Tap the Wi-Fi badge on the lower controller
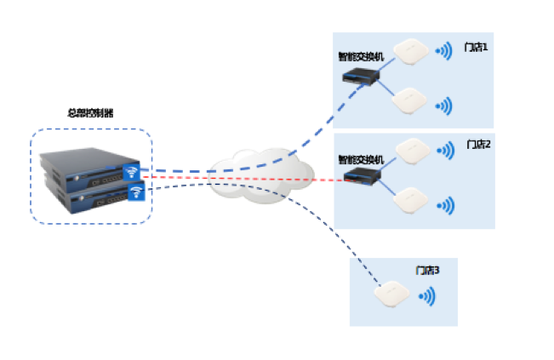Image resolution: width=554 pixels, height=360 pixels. point(134,193)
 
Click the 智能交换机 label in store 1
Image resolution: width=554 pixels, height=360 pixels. point(361,56)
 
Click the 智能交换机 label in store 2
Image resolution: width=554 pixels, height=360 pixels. point(361,159)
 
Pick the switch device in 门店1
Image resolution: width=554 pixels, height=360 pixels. point(360,77)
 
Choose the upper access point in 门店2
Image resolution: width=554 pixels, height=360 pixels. point(413,147)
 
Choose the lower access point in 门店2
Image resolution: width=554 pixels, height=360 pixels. point(411,200)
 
